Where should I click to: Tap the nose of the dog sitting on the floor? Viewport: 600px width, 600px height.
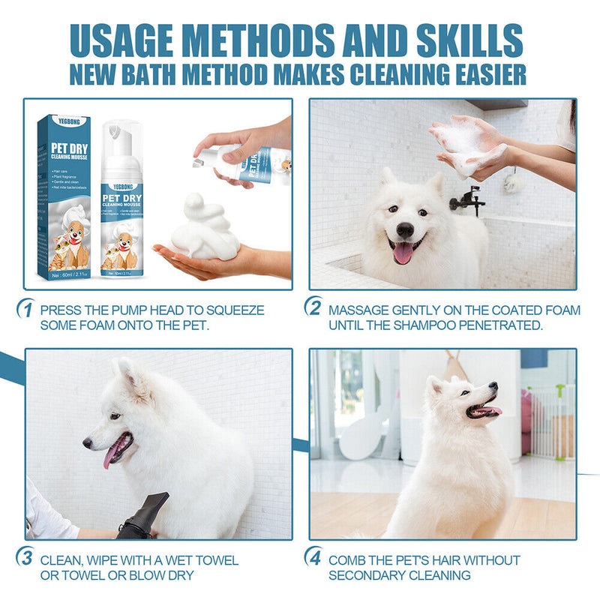click(x=493, y=387)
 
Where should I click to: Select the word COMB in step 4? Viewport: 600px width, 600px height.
click(x=347, y=560)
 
